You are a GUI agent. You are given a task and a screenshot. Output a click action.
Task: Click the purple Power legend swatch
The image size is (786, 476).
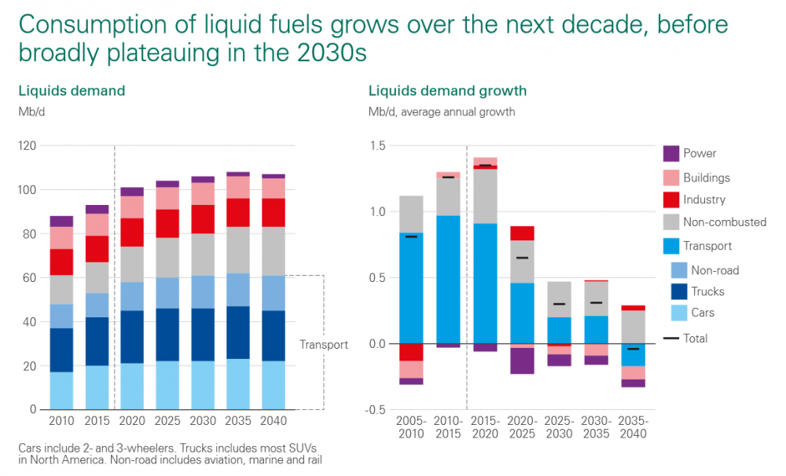coord(670,154)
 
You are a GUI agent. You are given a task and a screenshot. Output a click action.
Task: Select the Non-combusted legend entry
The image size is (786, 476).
coord(724,222)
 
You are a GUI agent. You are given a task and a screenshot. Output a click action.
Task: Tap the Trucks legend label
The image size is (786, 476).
coord(707,291)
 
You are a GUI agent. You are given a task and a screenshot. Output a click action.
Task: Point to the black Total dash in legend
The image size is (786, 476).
coord(670,339)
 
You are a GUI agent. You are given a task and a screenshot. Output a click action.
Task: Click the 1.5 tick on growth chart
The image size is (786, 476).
coord(377,146)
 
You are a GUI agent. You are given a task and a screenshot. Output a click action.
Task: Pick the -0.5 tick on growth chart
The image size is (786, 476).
coord(376,410)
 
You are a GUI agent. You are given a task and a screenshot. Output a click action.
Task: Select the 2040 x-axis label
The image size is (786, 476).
coord(274,422)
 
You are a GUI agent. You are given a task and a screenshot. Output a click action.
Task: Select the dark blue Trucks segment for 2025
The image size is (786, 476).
coord(167,335)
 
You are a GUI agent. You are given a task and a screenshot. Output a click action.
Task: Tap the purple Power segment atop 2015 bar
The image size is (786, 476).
coord(97,210)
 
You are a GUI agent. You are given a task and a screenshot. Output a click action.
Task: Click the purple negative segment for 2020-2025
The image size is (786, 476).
coord(522,361)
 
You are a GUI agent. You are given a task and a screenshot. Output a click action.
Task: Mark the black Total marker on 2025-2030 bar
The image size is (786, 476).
coord(559,304)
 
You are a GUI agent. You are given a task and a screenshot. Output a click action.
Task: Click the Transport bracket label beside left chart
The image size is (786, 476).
coord(323,345)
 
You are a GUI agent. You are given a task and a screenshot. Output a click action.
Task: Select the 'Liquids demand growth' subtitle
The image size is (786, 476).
coord(447,91)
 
